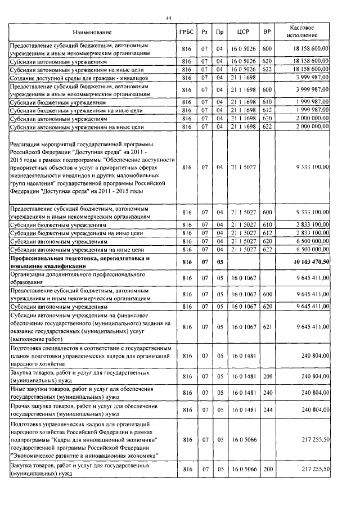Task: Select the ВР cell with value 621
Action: click(267, 326)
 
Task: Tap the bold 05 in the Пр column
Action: click(220, 262)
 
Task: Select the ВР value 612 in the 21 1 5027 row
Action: click(267, 232)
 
